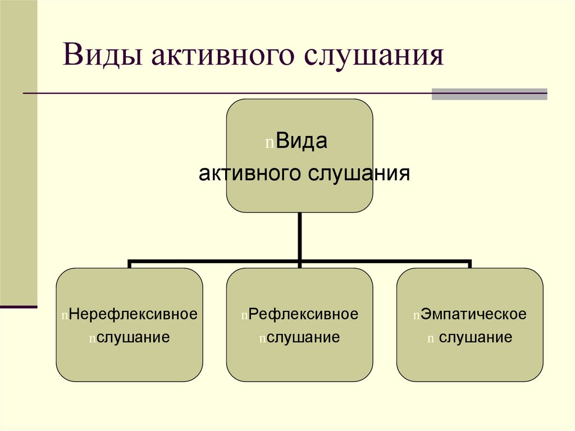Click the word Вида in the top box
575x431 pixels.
302,142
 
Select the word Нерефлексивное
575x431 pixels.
133,314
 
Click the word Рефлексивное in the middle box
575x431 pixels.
303,314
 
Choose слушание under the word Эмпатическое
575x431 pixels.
476,338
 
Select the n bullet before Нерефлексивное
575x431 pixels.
65,315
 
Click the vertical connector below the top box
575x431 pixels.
300,236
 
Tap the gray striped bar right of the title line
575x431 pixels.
489,94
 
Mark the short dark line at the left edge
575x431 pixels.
19,307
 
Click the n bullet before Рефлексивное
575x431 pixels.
244,315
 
